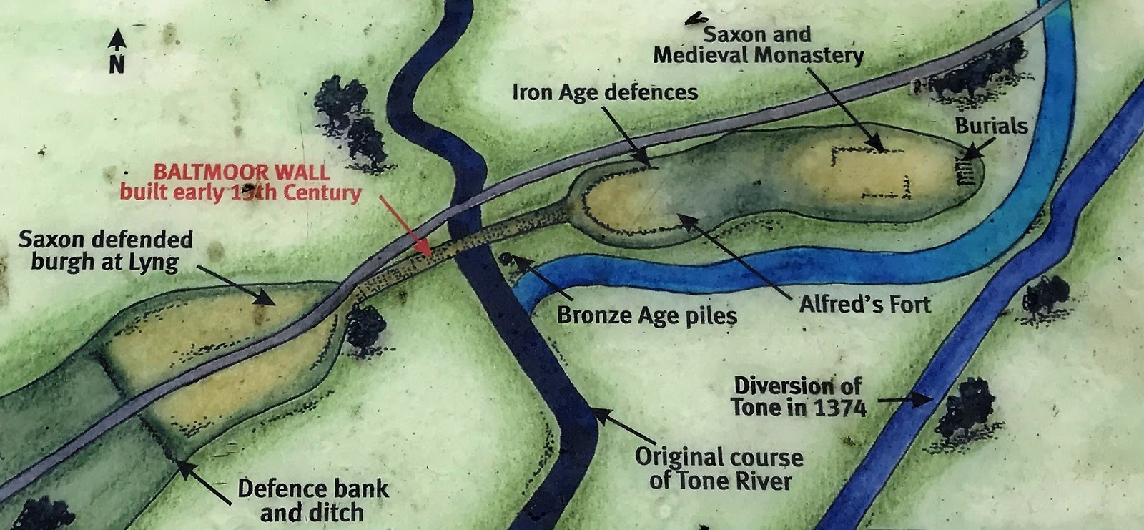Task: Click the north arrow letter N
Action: coord(117,64)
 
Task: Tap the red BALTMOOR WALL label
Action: coord(241,182)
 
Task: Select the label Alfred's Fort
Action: coord(864,304)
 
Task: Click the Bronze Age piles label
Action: coord(646,315)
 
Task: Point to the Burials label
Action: coord(991,126)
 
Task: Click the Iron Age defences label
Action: coord(605,92)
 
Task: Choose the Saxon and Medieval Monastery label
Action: coord(758,44)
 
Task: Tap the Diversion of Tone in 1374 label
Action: coord(799,396)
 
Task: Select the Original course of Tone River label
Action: coord(719,468)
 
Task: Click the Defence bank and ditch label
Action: coord(312,500)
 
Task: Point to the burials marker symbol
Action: coord(966,172)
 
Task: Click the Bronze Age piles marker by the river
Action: coord(508,258)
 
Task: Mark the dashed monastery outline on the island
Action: coord(872,172)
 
